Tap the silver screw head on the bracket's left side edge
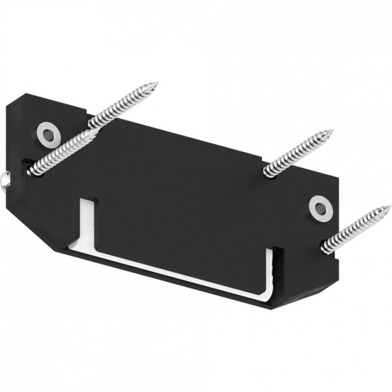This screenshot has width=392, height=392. [5, 180]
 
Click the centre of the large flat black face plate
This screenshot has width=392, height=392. [184, 190]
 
